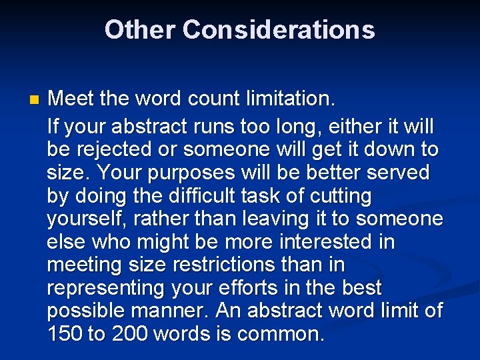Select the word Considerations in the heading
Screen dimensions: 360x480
(x=278, y=30)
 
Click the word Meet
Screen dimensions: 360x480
(x=71, y=99)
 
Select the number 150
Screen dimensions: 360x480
(x=65, y=334)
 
